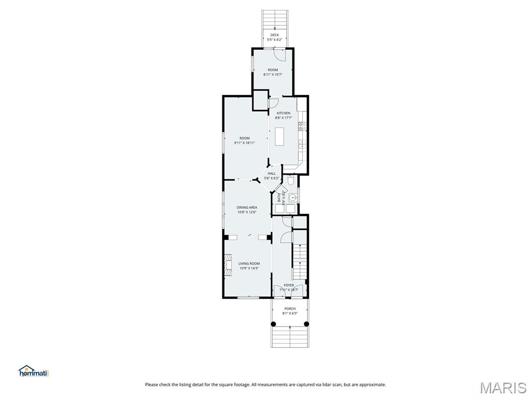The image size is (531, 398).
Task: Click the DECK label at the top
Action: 274,35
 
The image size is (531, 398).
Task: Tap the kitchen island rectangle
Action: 280,136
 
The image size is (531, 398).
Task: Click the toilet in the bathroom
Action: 291,180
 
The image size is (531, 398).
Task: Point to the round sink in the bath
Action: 294,197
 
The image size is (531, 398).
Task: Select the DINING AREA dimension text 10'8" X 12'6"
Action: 247,211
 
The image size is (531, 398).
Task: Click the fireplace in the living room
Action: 228,263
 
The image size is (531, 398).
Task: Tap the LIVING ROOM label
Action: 249,264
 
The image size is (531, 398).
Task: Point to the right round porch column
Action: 306,324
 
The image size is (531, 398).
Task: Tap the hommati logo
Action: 33,371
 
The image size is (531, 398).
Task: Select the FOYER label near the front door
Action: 289,285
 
